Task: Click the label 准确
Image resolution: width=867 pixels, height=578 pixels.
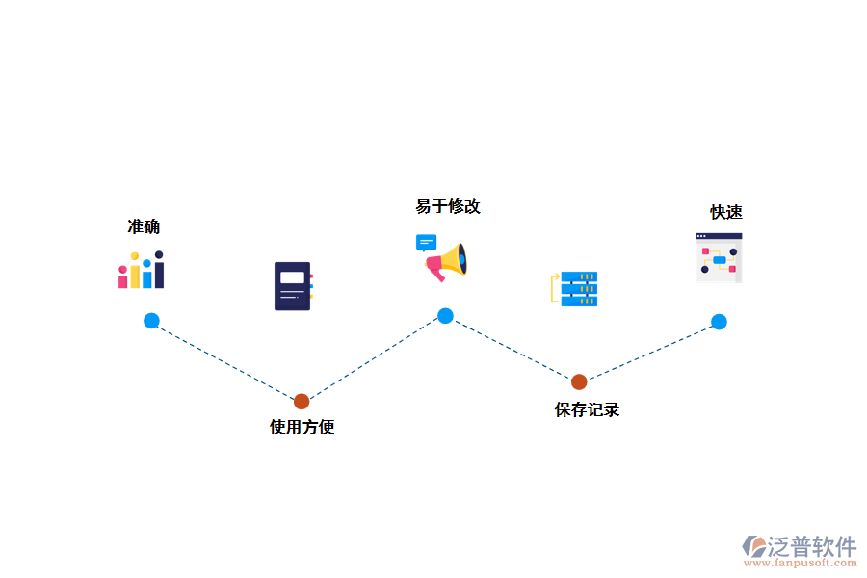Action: [144, 227]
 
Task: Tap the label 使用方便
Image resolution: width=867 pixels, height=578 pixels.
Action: [302, 427]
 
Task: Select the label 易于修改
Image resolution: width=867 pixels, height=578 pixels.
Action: [448, 207]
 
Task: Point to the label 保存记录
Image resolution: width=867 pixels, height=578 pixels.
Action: [587, 409]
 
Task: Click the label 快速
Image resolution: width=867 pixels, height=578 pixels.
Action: [726, 213]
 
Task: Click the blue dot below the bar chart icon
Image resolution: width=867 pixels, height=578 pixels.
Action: [151, 321]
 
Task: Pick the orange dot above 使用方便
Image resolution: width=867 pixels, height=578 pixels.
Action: [302, 401]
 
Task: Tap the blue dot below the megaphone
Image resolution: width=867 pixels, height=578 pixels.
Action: [445, 315]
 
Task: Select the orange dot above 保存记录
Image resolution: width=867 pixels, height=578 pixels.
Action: [579, 381]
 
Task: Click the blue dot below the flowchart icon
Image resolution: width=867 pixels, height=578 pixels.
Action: [719, 322]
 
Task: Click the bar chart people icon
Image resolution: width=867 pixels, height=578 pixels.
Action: [142, 270]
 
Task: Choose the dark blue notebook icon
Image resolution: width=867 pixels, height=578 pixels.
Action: [293, 285]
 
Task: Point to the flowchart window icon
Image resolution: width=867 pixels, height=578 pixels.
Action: [719, 257]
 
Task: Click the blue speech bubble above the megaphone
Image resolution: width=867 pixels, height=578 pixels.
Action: [426, 242]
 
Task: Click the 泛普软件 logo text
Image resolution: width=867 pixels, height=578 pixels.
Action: [812, 546]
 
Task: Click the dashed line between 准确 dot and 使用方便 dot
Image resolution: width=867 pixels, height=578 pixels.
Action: [226, 361]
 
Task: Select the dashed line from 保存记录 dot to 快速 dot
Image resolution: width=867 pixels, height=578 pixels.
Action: [649, 352]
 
